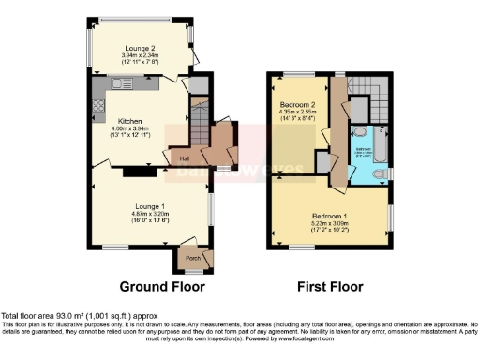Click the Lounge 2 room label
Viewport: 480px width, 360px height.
(x=142, y=48)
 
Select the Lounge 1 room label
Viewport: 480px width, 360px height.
(x=150, y=205)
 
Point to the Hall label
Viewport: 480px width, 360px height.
(x=184, y=158)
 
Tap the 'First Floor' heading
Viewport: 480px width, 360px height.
(x=329, y=286)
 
